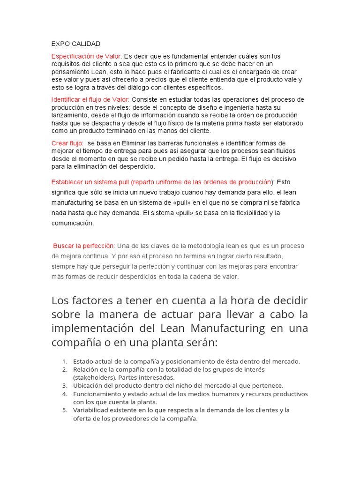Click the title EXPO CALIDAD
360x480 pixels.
click(75, 44)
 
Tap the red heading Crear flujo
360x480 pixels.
click(67, 143)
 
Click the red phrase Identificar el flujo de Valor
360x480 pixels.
click(90, 99)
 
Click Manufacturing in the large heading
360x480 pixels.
click(225, 328)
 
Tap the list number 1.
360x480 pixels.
click(64, 361)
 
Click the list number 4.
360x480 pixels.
click(64, 393)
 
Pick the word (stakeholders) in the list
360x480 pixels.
click(94, 377)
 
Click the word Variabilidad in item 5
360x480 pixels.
click(91, 410)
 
